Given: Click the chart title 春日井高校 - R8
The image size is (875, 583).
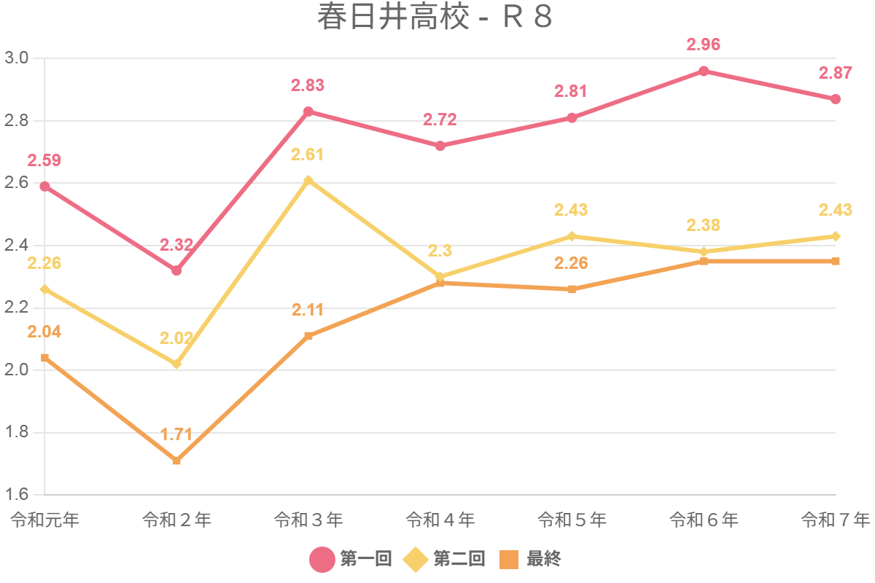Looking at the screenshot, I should click(x=435, y=17).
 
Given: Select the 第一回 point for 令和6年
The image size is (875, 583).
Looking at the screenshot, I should click(x=704, y=71).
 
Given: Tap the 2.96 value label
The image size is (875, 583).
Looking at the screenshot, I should click(x=704, y=44).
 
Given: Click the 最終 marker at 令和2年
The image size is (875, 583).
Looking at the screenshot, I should click(x=176, y=461).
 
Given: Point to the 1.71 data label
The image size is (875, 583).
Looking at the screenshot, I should click(x=176, y=435).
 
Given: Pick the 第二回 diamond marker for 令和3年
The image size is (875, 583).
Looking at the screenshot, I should click(x=308, y=180).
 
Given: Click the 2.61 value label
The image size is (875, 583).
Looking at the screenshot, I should click(x=308, y=154).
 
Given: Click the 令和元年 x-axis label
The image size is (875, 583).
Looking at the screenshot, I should click(x=45, y=520).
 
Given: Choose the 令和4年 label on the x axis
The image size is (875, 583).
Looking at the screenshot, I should click(x=440, y=520).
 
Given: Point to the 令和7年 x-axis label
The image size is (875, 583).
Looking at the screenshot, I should click(x=836, y=520).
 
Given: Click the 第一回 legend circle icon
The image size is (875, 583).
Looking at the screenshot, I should click(x=322, y=560).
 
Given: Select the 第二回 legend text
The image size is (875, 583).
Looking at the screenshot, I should click(x=459, y=560).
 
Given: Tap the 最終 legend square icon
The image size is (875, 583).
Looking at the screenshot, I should click(x=509, y=560).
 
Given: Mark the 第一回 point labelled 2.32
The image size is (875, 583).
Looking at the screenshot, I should click(x=176, y=270).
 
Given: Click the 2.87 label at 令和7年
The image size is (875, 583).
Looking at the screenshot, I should click(x=836, y=73).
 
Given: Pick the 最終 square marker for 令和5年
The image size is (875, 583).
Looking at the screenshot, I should click(x=572, y=289).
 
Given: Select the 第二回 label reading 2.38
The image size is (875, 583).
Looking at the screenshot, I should click(x=704, y=225).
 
